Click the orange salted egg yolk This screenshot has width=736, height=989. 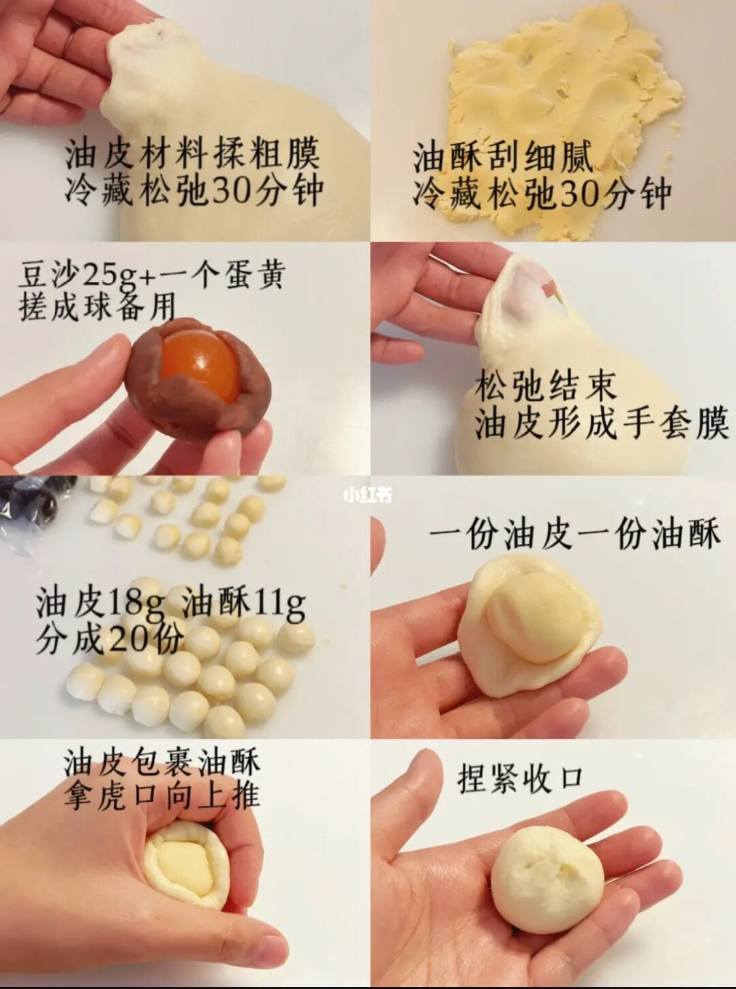[199, 365]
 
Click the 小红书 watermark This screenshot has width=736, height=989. [368, 496]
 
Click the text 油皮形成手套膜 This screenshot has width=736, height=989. [601, 423]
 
